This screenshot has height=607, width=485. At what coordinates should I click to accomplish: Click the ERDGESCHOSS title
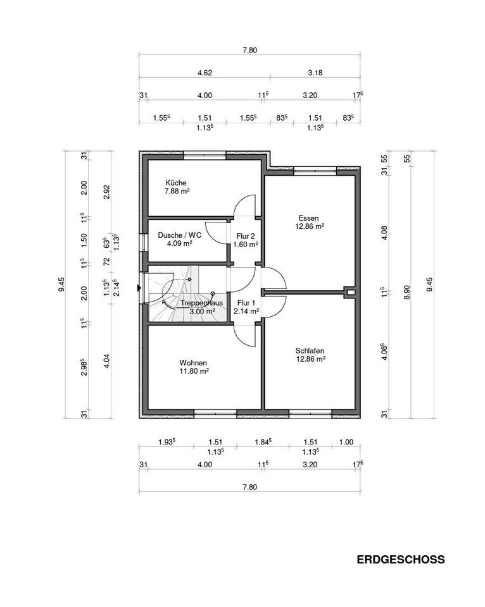(x=401, y=560)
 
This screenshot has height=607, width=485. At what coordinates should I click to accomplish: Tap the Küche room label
(x=176, y=183)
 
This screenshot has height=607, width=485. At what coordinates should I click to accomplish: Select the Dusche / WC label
(x=179, y=235)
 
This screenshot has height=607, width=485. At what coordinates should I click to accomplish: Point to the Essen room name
(x=308, y=218)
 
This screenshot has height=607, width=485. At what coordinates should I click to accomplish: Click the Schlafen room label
(x=310, y=351)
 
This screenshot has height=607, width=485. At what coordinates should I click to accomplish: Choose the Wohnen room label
(x=193, y=363)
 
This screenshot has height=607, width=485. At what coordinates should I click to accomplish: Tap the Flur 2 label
(x=246, y=236)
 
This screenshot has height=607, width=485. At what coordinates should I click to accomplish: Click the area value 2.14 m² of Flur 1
(x=246, y=311)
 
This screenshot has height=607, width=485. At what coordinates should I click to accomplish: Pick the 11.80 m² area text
(x=194, y=371)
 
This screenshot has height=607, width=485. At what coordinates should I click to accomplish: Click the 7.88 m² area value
(x=177, y=191)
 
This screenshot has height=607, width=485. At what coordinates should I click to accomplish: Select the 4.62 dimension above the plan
(x=205, y=72)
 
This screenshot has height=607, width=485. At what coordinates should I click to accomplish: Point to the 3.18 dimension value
(x=315, y=72)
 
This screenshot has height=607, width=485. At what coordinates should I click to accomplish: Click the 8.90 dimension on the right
(x=406, y=292)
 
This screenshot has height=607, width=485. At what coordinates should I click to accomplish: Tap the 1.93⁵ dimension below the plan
(x=167, y=442)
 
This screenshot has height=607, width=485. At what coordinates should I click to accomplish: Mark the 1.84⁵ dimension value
(x=263, y=442)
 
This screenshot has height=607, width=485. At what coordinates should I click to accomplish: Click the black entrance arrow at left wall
(x=139, y=288)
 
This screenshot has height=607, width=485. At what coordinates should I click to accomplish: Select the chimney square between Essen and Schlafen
(x=350, y=292)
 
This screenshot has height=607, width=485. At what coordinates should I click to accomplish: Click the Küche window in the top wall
(x=205, y=156)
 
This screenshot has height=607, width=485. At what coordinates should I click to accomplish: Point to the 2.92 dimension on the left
(x=108, y=192)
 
